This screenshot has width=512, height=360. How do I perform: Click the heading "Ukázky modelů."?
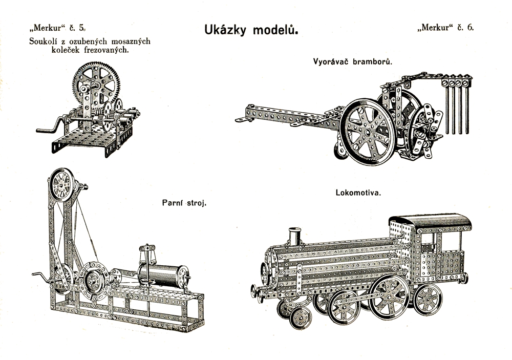251,30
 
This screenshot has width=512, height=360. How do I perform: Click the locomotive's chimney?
294,237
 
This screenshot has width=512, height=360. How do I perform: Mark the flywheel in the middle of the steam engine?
95,281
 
